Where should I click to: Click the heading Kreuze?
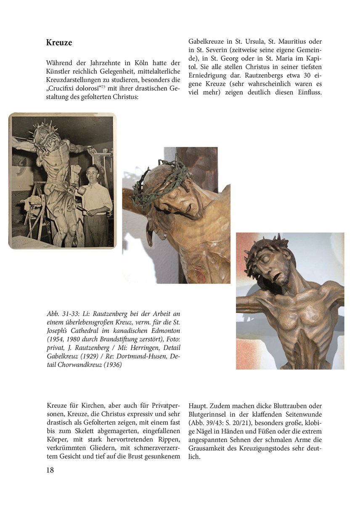[x=59, y=43]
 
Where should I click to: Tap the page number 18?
[x=50, y=470]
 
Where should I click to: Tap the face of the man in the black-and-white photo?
[x=93, y=173]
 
